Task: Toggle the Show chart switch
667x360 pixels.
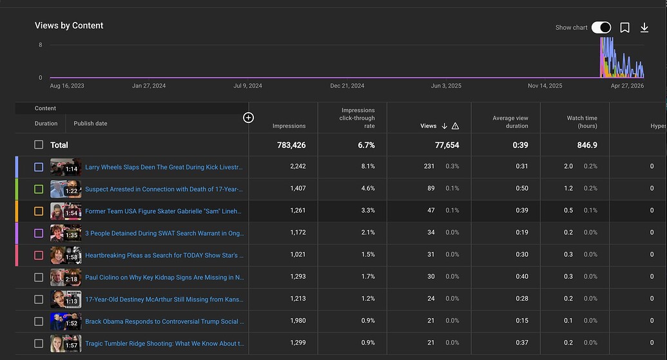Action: [x=601, y=28]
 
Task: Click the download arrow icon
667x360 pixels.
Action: [x=644, y=28]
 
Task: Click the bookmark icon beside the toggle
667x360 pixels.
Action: [x=625, y=28]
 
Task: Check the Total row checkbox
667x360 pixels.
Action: [x=39, y=145]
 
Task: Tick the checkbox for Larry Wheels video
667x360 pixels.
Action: [x=39, y=167]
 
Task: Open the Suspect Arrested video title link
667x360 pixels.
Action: [x=164, y=189]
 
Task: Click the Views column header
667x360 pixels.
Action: [x=429, y=126]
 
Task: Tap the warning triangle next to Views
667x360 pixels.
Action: [x=455, y=126]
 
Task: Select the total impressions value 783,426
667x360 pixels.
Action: [x=291, y=145]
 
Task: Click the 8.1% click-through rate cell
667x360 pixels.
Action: [x=368, y=166]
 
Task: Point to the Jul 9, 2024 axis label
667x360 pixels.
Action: [x=247, y=86]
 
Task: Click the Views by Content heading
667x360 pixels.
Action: [x=69, y=26]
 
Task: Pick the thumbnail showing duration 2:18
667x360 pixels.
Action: [x=66, y=277]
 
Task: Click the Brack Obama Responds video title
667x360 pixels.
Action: [x=164, y=321]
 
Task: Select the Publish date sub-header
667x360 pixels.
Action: [x=90, y=123]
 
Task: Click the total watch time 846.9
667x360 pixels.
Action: [x=587, y=145]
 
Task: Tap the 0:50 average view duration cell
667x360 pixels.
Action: [x=522, y=188]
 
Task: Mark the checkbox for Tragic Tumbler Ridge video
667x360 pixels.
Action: [x=39, y=343]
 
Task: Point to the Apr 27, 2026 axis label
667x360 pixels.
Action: [x=627, y=86]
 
